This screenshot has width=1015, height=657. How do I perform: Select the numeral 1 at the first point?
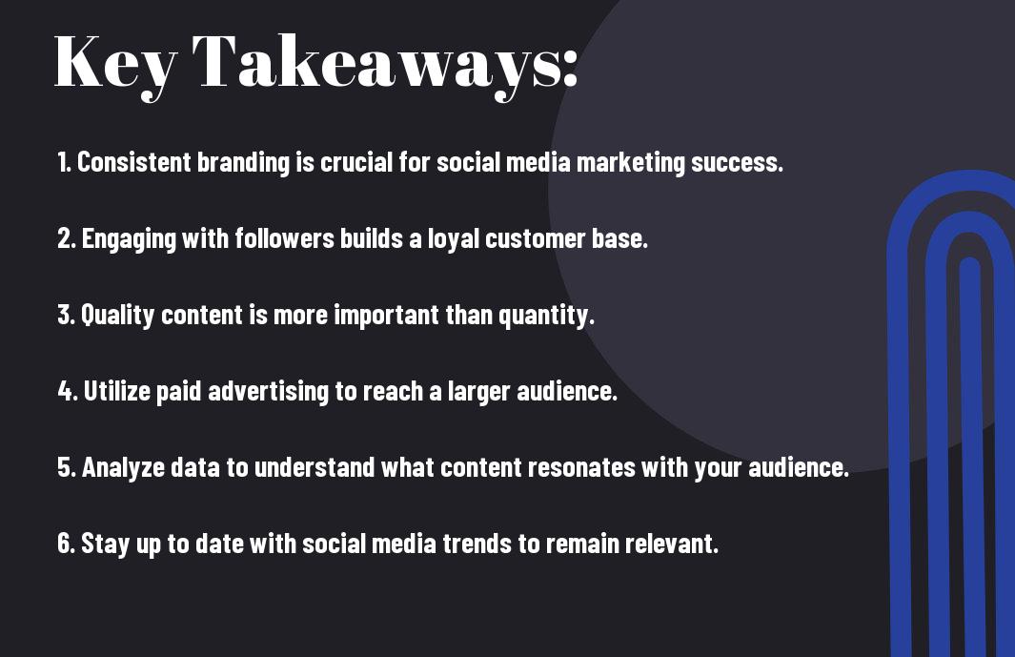tap(63, 162)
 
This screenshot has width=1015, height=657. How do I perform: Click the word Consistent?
tap(134, 162)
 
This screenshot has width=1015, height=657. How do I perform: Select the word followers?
tap(285, 238)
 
